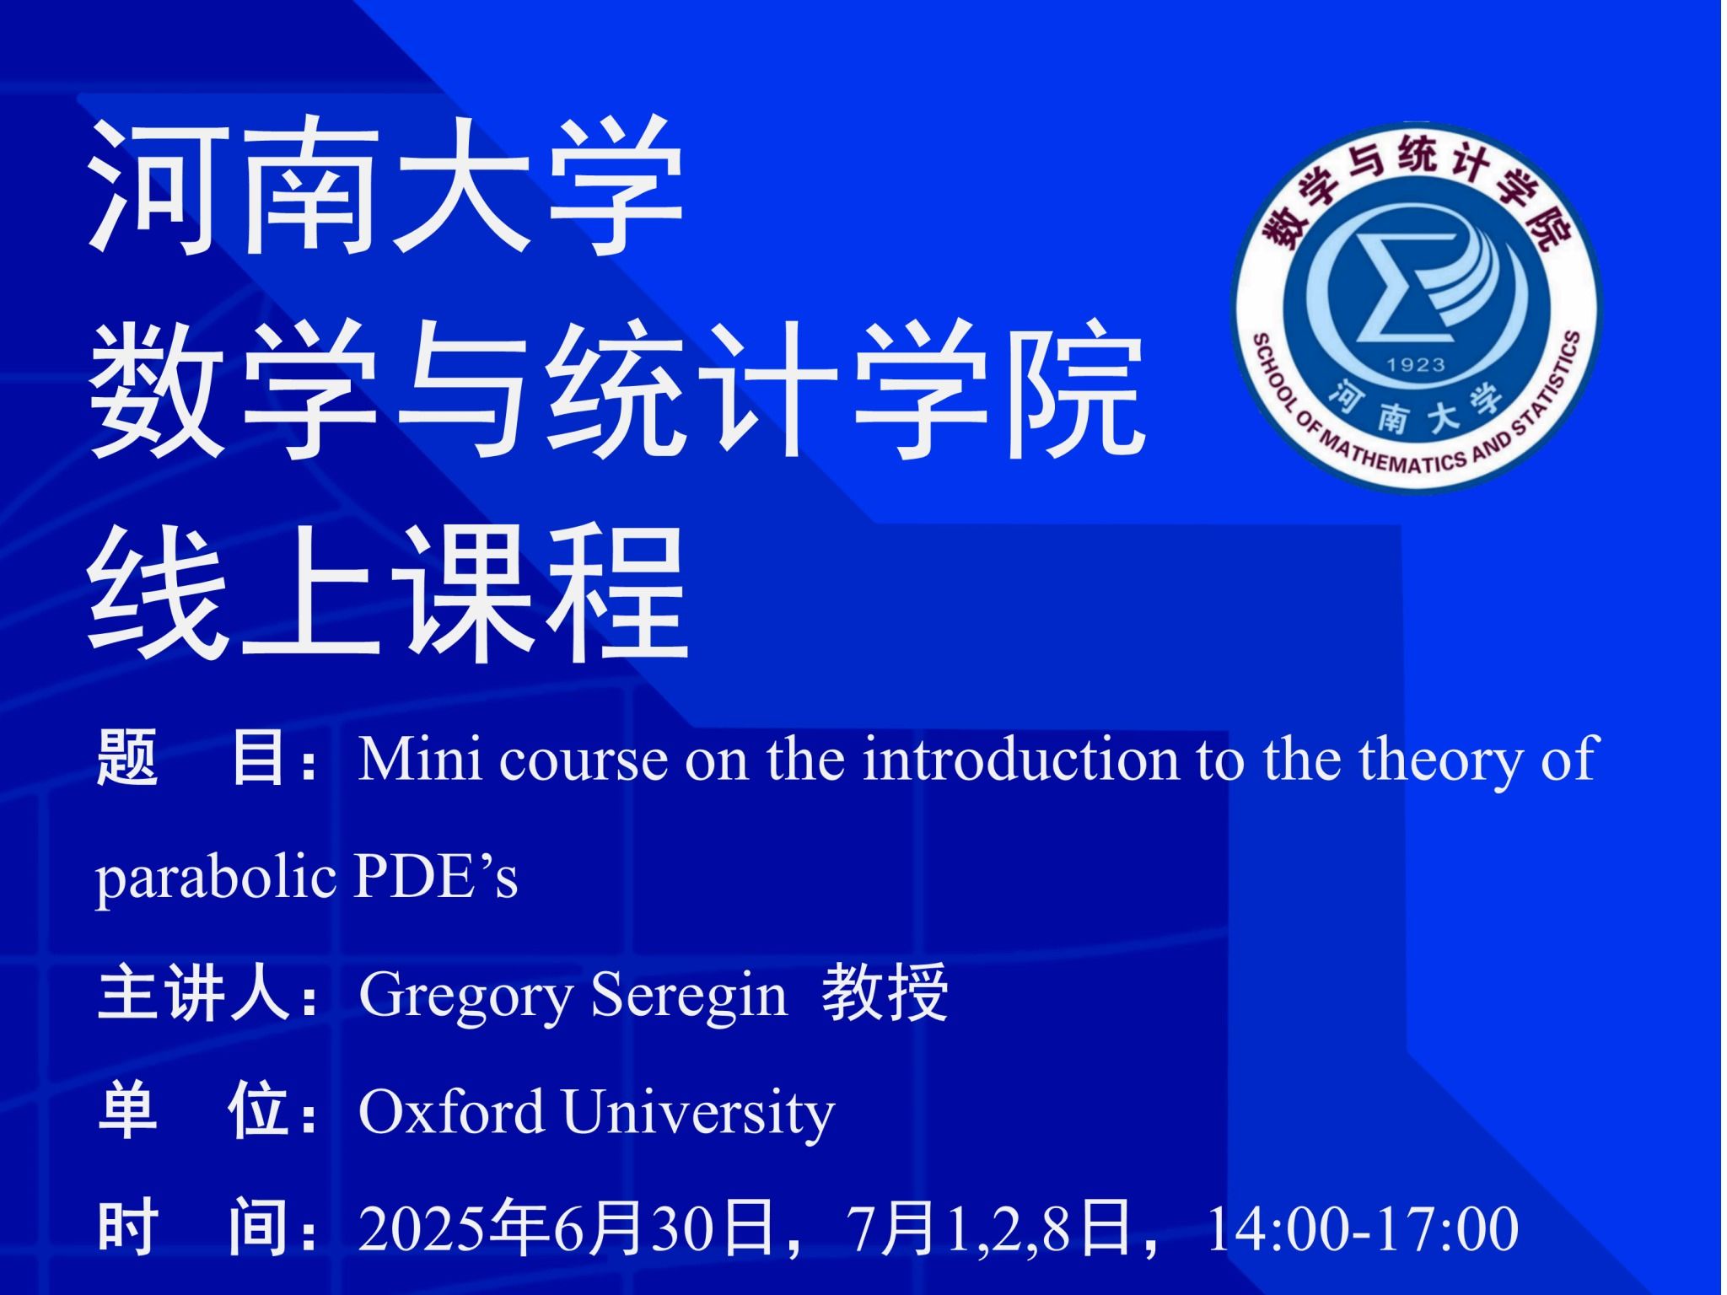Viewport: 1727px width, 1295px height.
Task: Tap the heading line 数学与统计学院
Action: (616, 390)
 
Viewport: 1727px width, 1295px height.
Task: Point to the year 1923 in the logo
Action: (1416, 365)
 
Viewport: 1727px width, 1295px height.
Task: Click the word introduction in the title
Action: (1020, 758)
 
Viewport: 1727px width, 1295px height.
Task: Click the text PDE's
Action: (436, 876)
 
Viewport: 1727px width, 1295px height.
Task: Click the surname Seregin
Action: (689, 996)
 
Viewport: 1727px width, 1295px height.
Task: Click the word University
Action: (698, 1113)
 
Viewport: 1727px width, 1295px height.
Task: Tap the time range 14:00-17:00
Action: (1363, 1229)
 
